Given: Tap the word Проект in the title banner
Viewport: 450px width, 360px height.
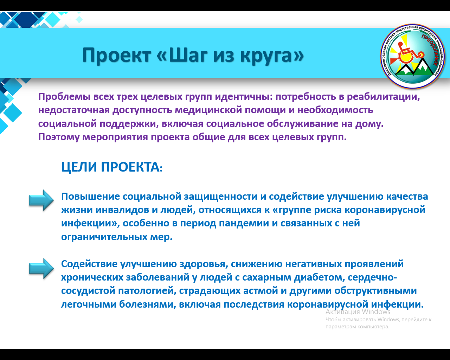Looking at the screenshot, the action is [117, 55].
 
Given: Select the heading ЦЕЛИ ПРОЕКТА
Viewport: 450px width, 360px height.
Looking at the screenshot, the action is [112, 167].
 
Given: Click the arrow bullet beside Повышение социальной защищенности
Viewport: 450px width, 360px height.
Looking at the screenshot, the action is [41, 200].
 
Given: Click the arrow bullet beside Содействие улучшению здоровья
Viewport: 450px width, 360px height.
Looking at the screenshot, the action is [41, 268].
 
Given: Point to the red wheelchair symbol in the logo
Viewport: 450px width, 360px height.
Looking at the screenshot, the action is [410, 53].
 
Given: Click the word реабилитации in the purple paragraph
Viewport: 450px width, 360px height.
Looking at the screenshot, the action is [383, 97].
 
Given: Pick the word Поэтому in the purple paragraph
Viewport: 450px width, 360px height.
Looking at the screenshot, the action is [59, 137].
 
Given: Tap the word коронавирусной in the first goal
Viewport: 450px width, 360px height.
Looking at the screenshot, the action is [385, 210].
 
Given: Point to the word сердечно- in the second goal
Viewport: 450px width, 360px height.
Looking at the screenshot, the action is [372, 277].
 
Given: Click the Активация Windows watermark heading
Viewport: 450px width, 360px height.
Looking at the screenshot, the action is [358, 312].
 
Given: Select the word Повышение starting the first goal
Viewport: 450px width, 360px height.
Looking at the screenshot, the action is [90, 197].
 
